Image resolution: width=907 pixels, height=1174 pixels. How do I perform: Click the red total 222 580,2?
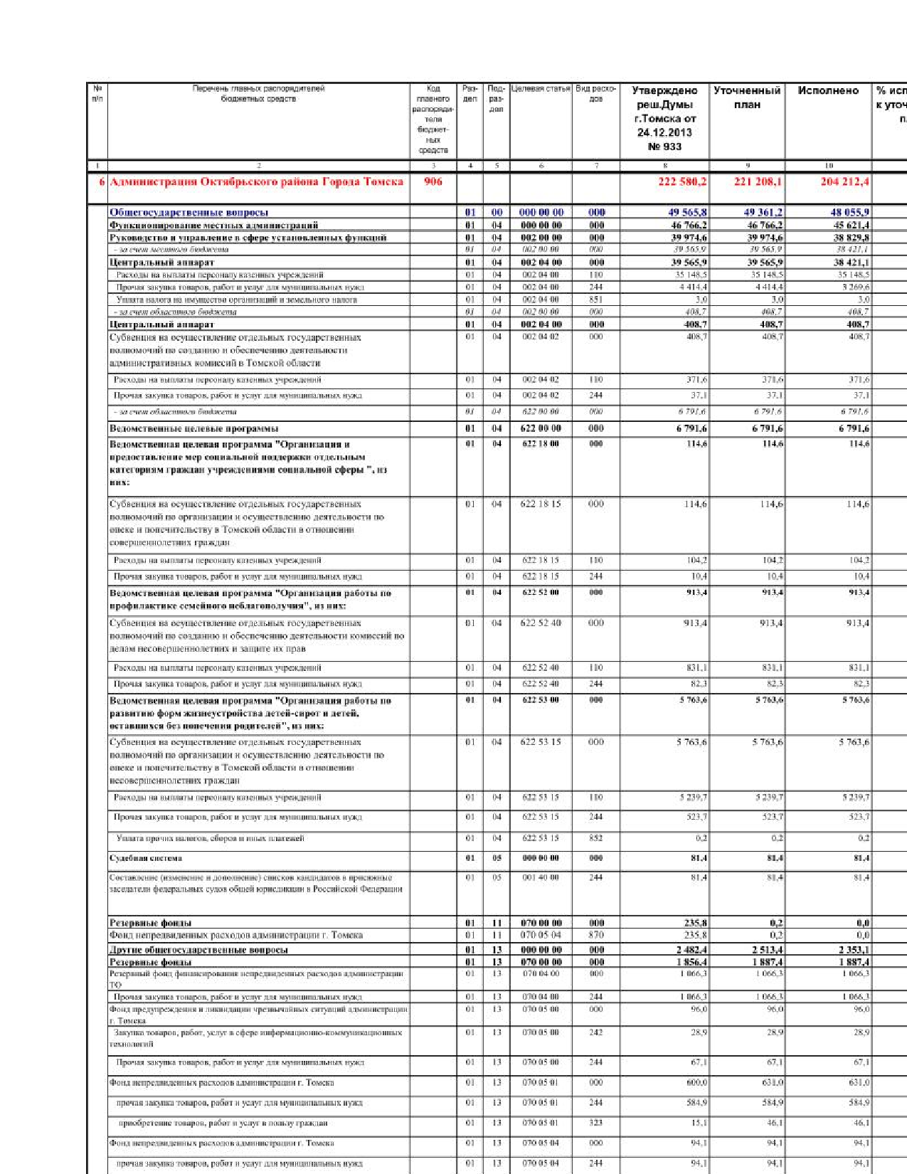[x=682, y=181]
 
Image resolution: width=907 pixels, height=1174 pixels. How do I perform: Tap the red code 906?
[x=433, y=181]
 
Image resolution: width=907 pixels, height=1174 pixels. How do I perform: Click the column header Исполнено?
[x=828, y=91]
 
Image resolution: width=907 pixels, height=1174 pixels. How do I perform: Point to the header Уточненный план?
[x=747, y=97]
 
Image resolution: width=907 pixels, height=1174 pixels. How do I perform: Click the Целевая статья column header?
[x=541, y=89]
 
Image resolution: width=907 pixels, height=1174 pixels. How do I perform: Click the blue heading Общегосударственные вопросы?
[x=189, y=212]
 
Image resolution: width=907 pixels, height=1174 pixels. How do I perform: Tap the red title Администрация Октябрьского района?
[x=256, y=181]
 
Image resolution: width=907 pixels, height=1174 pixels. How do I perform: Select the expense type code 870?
[x=596, y=935]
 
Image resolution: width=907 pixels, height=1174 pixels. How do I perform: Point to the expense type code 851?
[x=596, y=300]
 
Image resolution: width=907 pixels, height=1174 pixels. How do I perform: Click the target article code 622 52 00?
[x=541, y=592]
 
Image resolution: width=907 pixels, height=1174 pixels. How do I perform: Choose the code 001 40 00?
[x=541, y=877]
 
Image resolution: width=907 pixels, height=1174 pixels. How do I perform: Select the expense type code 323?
[x=596, y=1123]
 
